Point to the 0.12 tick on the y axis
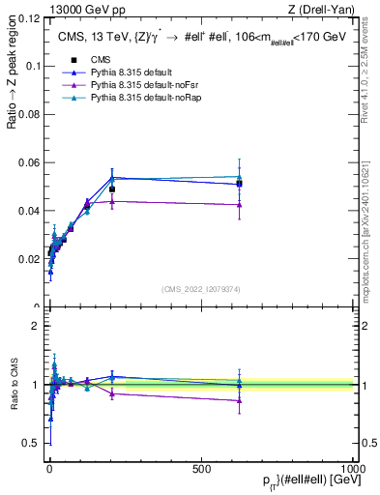pos(31,18)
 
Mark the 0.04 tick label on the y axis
pos(31,211)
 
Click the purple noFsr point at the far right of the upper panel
pos(239,205)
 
